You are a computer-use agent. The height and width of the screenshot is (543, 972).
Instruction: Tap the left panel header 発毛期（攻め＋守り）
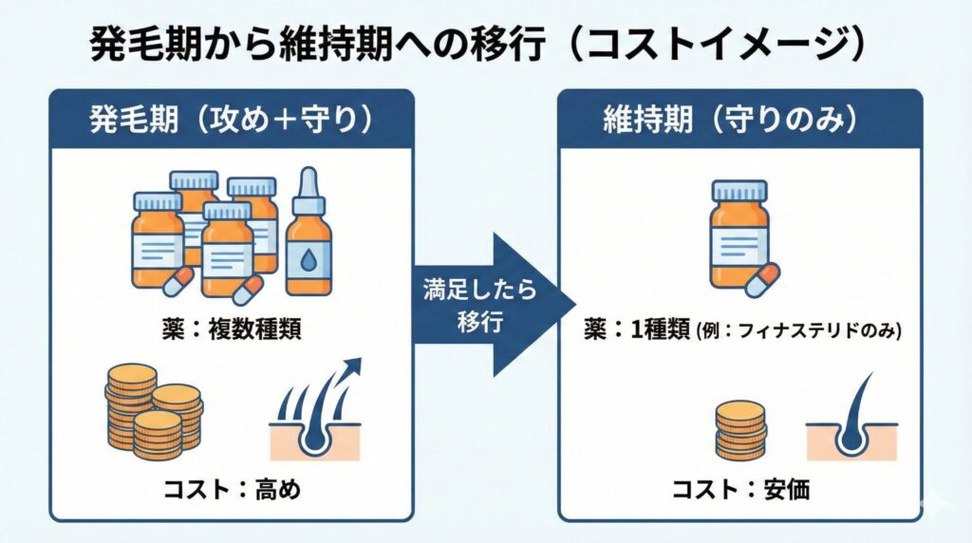pyautogui.click(x=231, y=121)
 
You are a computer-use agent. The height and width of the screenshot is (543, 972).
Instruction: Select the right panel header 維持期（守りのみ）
pyautogui.click(x=739, y=121)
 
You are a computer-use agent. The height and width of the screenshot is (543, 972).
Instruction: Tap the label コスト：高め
pyautogui.click(x=230, y=491)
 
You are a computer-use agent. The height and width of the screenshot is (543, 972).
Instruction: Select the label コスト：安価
pyautogui.click(x=738, y=491)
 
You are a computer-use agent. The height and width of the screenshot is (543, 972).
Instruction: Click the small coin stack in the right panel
pyautogui.click(x=739, y=429)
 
